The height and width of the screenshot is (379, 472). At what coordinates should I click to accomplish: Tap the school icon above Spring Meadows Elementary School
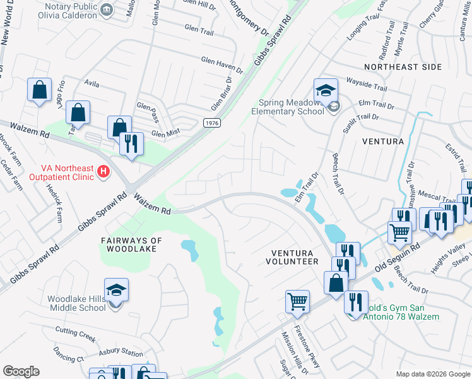(x=326, y=90)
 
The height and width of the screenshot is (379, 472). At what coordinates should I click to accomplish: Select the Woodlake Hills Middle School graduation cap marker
(x=116, y=290)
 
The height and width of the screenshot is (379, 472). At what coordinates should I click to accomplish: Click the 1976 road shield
(x=213, y=123)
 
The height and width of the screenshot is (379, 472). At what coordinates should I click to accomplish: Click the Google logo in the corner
(x=21, y=371)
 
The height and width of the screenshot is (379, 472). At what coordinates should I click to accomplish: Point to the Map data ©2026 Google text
(x=433, y=374)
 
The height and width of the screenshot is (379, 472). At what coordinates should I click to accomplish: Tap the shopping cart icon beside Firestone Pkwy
(x=297, y=301)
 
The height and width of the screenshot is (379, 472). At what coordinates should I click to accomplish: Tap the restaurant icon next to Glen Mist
(x=131, y=143)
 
